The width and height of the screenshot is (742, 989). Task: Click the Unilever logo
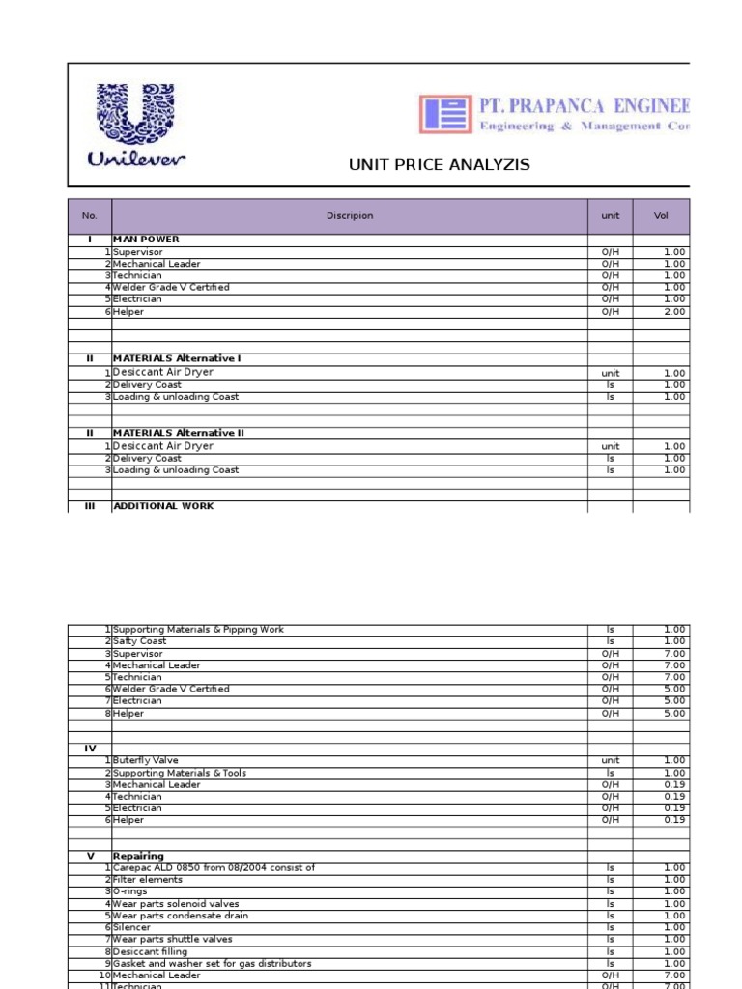pyautogui.click(x=135, y=126)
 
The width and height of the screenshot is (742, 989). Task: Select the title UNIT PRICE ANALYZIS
pyautogui.click(x=439, y=165)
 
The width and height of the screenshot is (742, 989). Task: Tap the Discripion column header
pyautogui.click(x=349, y=216)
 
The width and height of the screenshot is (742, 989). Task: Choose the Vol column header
pyautogui.click(x=661, y=216)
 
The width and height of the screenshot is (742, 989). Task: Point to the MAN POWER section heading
pyautogui.click(x=146, y=240)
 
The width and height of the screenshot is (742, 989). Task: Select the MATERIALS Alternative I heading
pyautogui.click(x=177, y=358)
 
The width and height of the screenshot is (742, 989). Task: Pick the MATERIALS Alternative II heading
pyautogui.click(x=179, y=433)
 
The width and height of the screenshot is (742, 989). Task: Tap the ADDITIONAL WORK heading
pyautogui.click(x=163, y=506)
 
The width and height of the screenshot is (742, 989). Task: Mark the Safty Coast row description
pyautogui.click(x=139, y=641)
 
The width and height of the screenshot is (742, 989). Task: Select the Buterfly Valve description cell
pyautogui.click(x=146, y=761)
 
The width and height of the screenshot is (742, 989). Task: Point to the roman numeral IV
pyautogui.click(x=90, y=749)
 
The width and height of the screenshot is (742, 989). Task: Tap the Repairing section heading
pyautogui.click(x=138, y=856)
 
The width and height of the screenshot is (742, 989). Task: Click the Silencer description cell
pyautogui.click(x=131, y=927)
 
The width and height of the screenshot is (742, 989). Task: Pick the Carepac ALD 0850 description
pyautogui.click(x=214, y=868)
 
